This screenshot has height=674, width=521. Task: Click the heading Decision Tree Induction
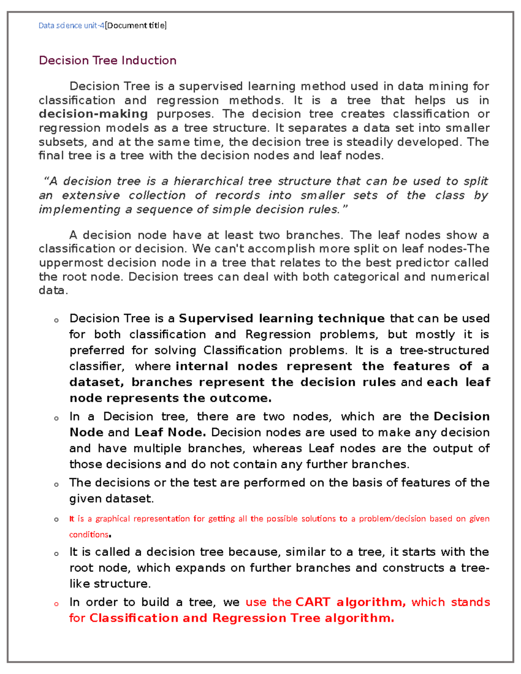point(107,60)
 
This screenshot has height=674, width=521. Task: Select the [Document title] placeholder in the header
point(136,26)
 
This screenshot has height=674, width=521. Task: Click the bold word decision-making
point(93,114)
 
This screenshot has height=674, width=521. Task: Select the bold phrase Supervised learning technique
point(281,319)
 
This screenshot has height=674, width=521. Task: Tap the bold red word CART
point(313,602)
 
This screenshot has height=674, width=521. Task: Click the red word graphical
point(112,519)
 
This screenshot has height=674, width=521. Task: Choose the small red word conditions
point(89,535)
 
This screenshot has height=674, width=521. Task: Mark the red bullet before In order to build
point(56,604)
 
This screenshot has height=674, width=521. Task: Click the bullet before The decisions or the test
point(56,484)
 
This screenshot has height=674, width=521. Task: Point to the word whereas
point(278,448)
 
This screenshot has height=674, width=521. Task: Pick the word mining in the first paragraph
point(448,86)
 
